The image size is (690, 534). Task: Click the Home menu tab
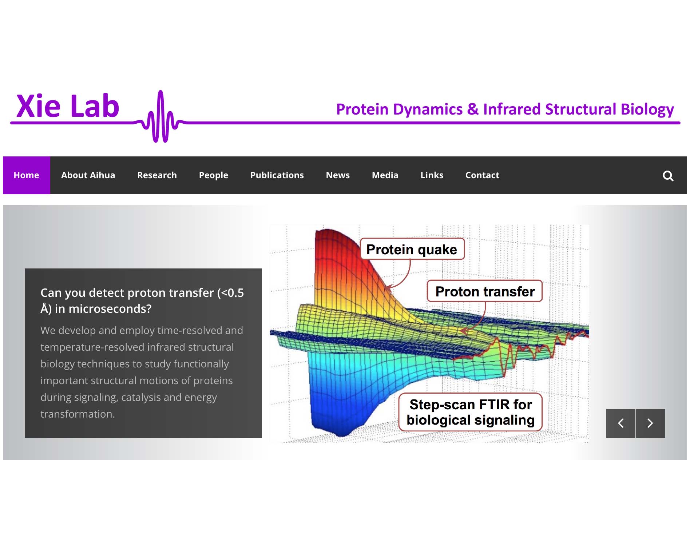point(26,175)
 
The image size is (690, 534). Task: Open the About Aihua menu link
point(88,175)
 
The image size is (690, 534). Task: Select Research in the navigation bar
point(157,175)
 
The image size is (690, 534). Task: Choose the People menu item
point(214,175)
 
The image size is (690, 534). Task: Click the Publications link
point(277,175)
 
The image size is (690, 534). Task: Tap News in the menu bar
point(338,175)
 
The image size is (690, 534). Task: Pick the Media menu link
point(385,175)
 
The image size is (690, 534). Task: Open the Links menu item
point(432,175)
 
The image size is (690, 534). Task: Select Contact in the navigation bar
point(482,175)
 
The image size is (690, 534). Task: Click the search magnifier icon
point(668,176)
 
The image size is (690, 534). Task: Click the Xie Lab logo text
point(68,106)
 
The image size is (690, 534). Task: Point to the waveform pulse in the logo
point(160,116)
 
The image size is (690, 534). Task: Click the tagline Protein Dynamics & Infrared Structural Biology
point(505,109)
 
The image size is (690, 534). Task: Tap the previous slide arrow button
point(621,423)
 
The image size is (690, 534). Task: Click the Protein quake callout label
point(412,250)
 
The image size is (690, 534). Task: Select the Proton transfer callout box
point(485,291)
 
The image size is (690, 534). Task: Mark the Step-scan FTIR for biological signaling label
point(471,412)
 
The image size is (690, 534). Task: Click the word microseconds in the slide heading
point(110,309)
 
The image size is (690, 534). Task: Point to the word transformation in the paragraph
point(78,414)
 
